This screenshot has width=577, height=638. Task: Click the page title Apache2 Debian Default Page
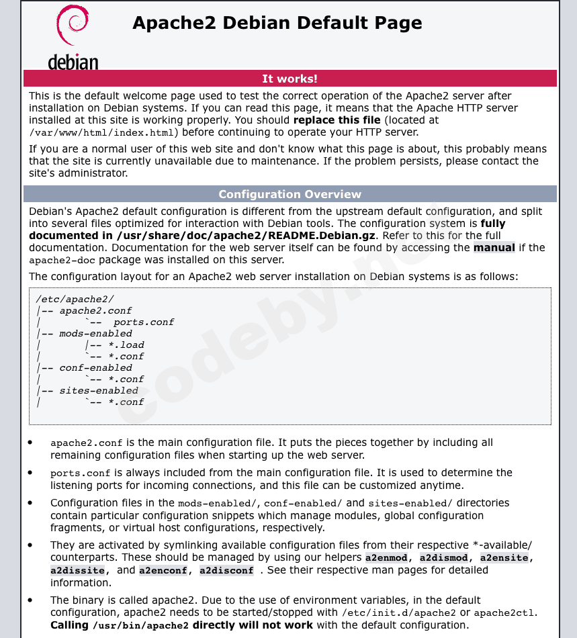tap(277, 23)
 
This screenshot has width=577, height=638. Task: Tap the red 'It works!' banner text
tap(290, 79)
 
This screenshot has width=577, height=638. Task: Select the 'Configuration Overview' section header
tap(290, 194)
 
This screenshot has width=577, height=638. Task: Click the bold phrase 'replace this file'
tap(337, 120)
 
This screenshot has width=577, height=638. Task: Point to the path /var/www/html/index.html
tap(102, 133)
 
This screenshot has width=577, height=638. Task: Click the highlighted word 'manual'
tap(494, 248)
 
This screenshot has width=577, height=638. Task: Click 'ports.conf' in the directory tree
tap(143, 322)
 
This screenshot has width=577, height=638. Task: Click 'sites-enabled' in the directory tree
tap(99, 391)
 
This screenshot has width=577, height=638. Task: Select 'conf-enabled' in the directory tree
tap(95, 368)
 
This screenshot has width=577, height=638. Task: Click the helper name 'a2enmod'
tap(386, 558)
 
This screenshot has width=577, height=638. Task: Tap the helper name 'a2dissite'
tap(77, 571)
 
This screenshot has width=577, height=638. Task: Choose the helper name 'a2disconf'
tap(226, 571)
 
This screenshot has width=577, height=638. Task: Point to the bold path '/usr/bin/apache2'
tap(140, 626)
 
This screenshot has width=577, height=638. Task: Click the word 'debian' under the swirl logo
tap(73, 62)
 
